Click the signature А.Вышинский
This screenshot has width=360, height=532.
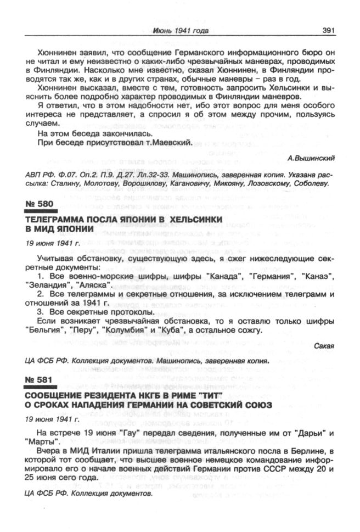point(311,158)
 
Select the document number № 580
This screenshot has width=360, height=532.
point(40,204)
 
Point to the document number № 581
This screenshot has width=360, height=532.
point(40,380)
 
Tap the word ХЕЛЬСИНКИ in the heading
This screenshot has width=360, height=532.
point(189,219)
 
